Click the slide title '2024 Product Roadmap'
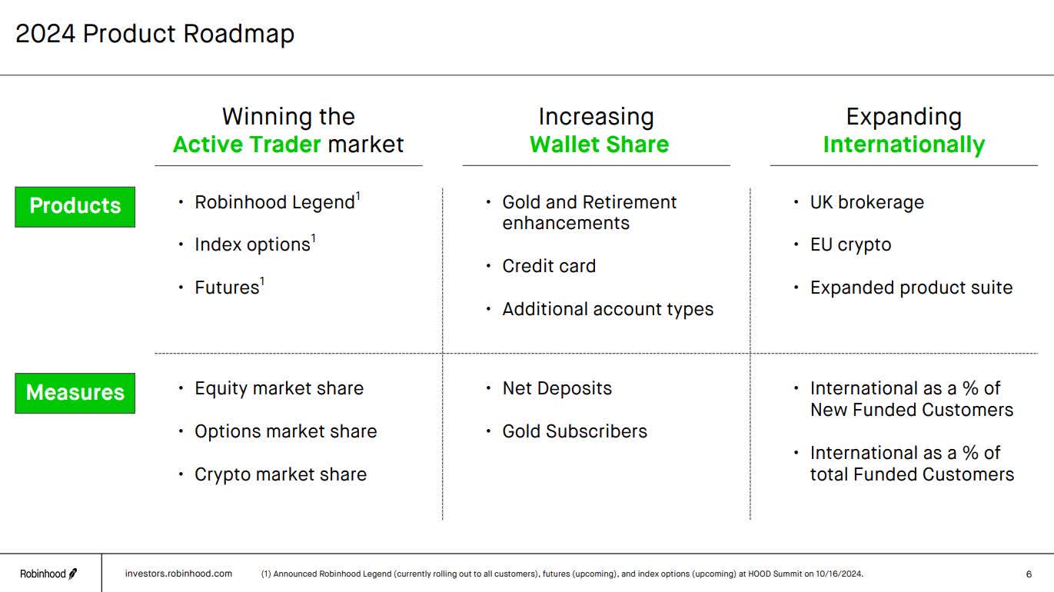(x=155, y=35)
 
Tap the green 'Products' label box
(x=75, y=206)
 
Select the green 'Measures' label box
(x=75, y=393)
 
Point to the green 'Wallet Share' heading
(x=599, y=145)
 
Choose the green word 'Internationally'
(x=903, y=145)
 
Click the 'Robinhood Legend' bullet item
(x=274, y=202)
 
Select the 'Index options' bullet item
(x=252, y=244)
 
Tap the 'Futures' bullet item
(x=227, y=288)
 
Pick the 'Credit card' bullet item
(x=548, y=266)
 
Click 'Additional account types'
(x=607, y=309)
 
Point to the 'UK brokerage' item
(x=866, y=202)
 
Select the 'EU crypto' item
(x=850, y=244)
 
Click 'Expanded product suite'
(x=911, y=288)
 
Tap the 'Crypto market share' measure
(x=280, y=474)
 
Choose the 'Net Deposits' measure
(x=557, y=388)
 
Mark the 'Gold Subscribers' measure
(x=574, y=431)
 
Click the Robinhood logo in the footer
(x=48, y=574)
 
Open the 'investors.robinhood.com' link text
(x=178, y=574)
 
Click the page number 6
(x=1029, y=574)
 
